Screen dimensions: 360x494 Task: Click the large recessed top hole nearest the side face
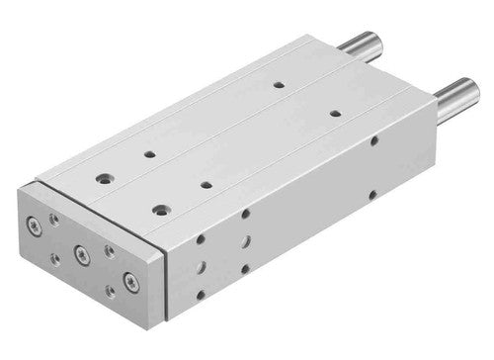pos(160,209)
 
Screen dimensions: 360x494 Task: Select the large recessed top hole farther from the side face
pos(104,179)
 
